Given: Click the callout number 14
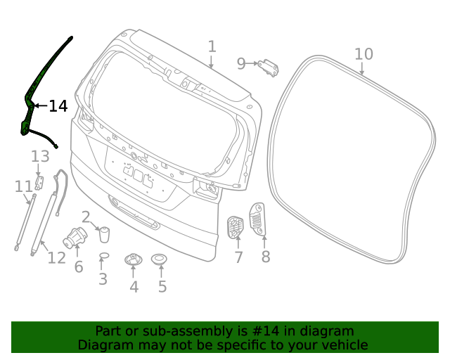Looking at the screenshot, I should pyautogui.click(x=58, y=106).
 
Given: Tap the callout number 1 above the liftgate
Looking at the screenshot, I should pyautogui.click(x=212, y=46).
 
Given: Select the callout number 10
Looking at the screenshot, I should pyautogui.click(x=364, y=54).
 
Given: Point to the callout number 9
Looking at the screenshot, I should pyautogui.click(x=241, y=64).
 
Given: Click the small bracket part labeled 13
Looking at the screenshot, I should pyautogui.click(x=40, y=182).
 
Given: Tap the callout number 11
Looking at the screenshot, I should pyautogui.click(x=23, y=186).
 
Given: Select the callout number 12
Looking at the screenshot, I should pyautogui.click(x=56, y=257).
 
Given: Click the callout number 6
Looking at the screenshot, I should pyautogui.click(x=79, y=266).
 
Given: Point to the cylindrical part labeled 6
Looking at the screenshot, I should pyautogui.click(x=75, y=238).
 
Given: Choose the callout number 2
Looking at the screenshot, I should pyautogui.click(x=86, y=217).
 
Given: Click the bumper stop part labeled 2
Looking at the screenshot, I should pyautogui.click(x=104, y=233).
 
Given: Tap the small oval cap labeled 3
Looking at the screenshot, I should pyautogui.click(x=103, y=255).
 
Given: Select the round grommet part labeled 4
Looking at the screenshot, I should pyautogui.click(x=134, y=261).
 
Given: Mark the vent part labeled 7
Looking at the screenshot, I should pyautogui.click(x=235, y=227).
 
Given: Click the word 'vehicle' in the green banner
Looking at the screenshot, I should pyautogui.click(x=340, y=345).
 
